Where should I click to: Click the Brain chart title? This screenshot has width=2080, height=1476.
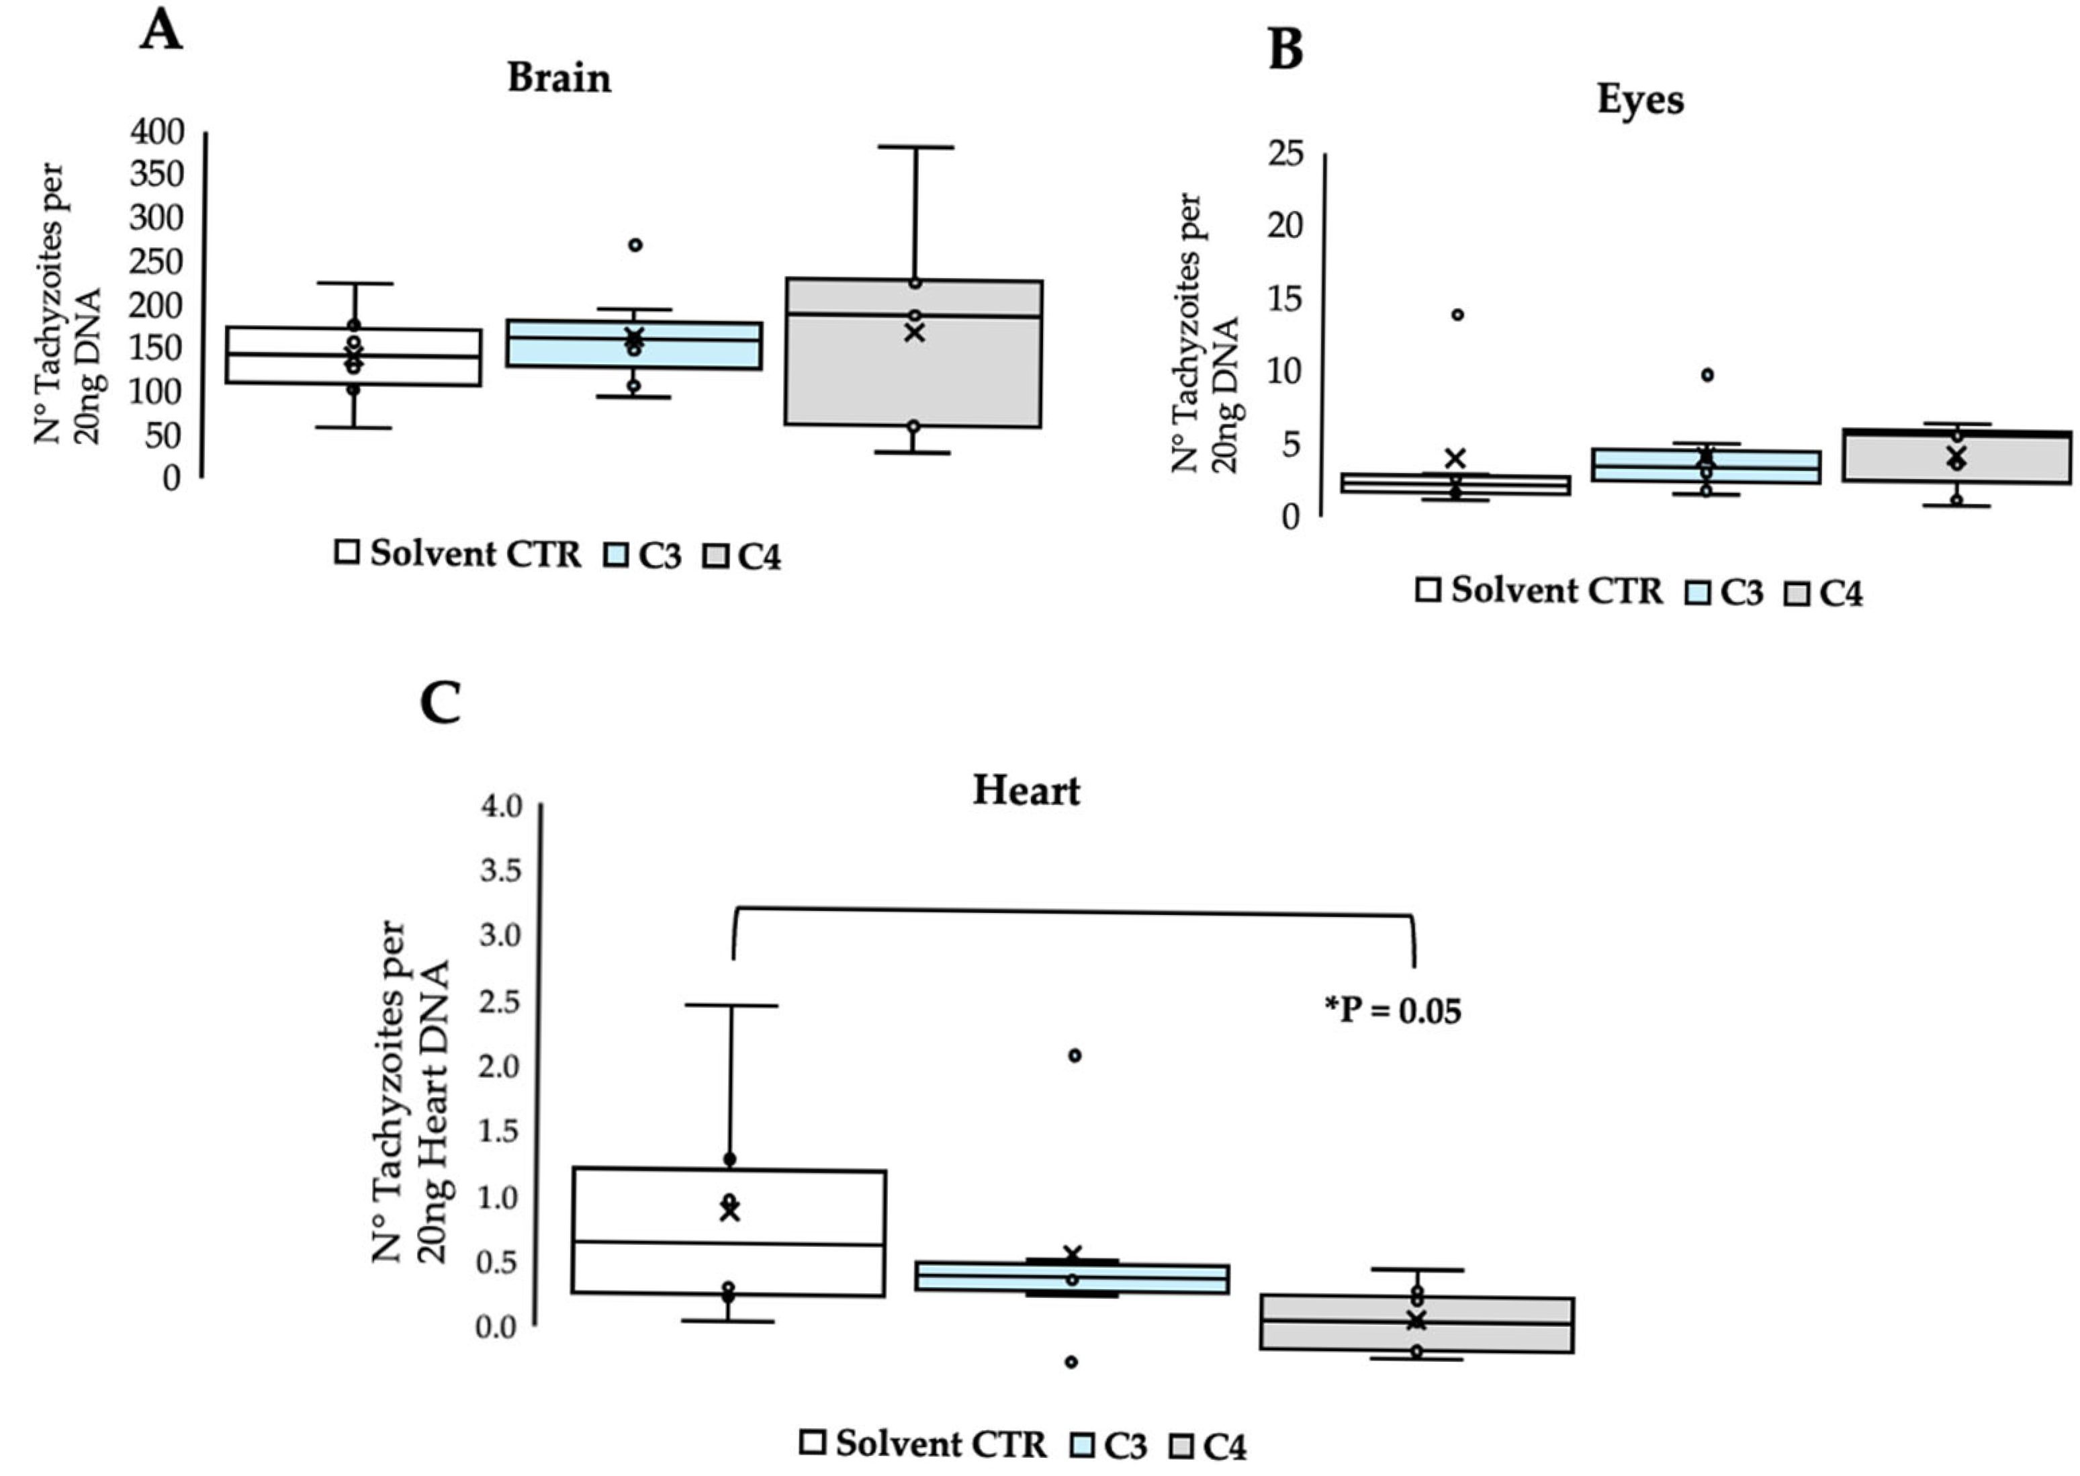coord(559,78)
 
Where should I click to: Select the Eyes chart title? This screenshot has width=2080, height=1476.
coord(1639,100)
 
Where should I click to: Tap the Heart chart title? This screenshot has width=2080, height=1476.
coord(1026,791)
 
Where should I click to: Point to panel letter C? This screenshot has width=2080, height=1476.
coord(440,703)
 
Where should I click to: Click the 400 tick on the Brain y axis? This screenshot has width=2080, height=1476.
coord(157,133)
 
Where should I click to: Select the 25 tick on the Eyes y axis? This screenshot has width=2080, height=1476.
coord(1285,154)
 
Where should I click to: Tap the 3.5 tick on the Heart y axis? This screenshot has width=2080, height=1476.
coord(500,871)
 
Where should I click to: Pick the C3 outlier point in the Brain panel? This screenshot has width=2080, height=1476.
coord(635,245)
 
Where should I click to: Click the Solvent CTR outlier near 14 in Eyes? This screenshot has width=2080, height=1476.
coord(1457,314)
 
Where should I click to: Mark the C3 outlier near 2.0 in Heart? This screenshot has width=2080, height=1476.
coord(1074,1055)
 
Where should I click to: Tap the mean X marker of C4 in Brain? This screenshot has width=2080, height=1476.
coord(914,333)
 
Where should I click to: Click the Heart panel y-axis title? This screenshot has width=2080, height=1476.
coord(411,1090)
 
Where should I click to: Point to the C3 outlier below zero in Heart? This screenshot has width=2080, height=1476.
coord(1071,1362)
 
